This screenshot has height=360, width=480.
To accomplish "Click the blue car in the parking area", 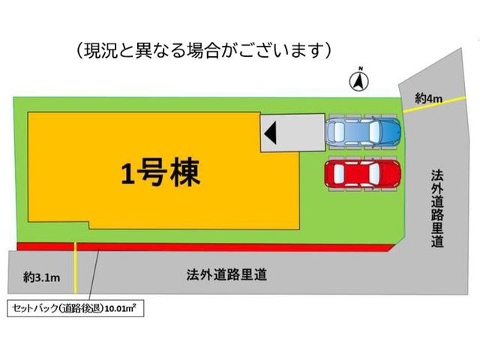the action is coord(363,132).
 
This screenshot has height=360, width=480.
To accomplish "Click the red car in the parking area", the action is coord(363,173).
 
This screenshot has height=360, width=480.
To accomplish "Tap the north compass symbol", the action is coord(359,81).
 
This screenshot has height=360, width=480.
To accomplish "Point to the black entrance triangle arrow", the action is coord(270,133).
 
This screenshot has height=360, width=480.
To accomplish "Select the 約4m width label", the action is coord(428,98).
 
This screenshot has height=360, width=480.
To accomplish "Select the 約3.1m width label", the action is coord(42,277).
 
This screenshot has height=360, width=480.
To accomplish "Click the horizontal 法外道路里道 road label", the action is coord(226,274).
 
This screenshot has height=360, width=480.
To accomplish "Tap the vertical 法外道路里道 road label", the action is coord(437,208).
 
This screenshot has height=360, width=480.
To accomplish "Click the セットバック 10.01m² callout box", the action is coord(75,308).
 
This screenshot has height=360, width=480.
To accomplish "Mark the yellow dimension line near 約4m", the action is coord(434,105).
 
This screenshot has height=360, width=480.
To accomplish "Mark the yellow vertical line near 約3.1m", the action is coord(75,267).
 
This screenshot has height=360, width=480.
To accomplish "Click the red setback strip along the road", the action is coord(205,247).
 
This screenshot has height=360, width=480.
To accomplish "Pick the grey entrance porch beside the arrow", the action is coord(292,133).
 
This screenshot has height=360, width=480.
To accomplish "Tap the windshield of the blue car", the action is coord(374,132).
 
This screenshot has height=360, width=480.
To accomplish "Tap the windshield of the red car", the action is coord(374,173).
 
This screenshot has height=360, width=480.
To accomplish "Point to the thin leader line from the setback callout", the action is coord(94,275).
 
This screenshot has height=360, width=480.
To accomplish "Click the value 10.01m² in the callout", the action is coord(120,308).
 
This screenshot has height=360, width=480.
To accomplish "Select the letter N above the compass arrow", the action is coord(361,68).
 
